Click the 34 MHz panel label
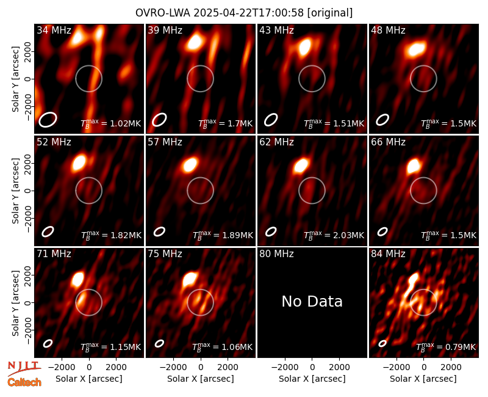tap(54, 30)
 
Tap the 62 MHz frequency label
tap(277, 142)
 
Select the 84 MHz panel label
tap(388, 254)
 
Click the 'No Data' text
tap(312, 301)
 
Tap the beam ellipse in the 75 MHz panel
tap(159, 343)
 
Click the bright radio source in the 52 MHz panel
tap(79, 163)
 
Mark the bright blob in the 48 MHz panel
tap(417, 49)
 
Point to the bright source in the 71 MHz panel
tap(77, 279)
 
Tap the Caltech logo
tap(24, 382)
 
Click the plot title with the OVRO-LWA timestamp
tap(244, 13)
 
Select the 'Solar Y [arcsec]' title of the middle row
tap(16, 191)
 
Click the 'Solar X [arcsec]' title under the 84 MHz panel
tap(423, 379)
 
